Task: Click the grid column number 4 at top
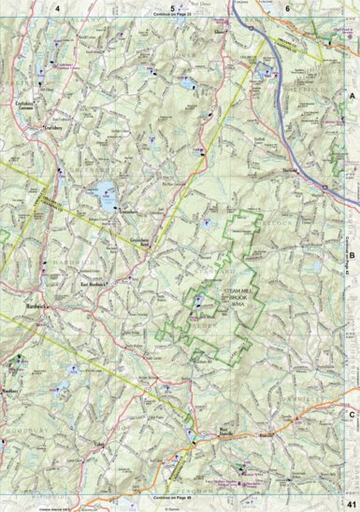58,7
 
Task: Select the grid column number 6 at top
287,7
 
